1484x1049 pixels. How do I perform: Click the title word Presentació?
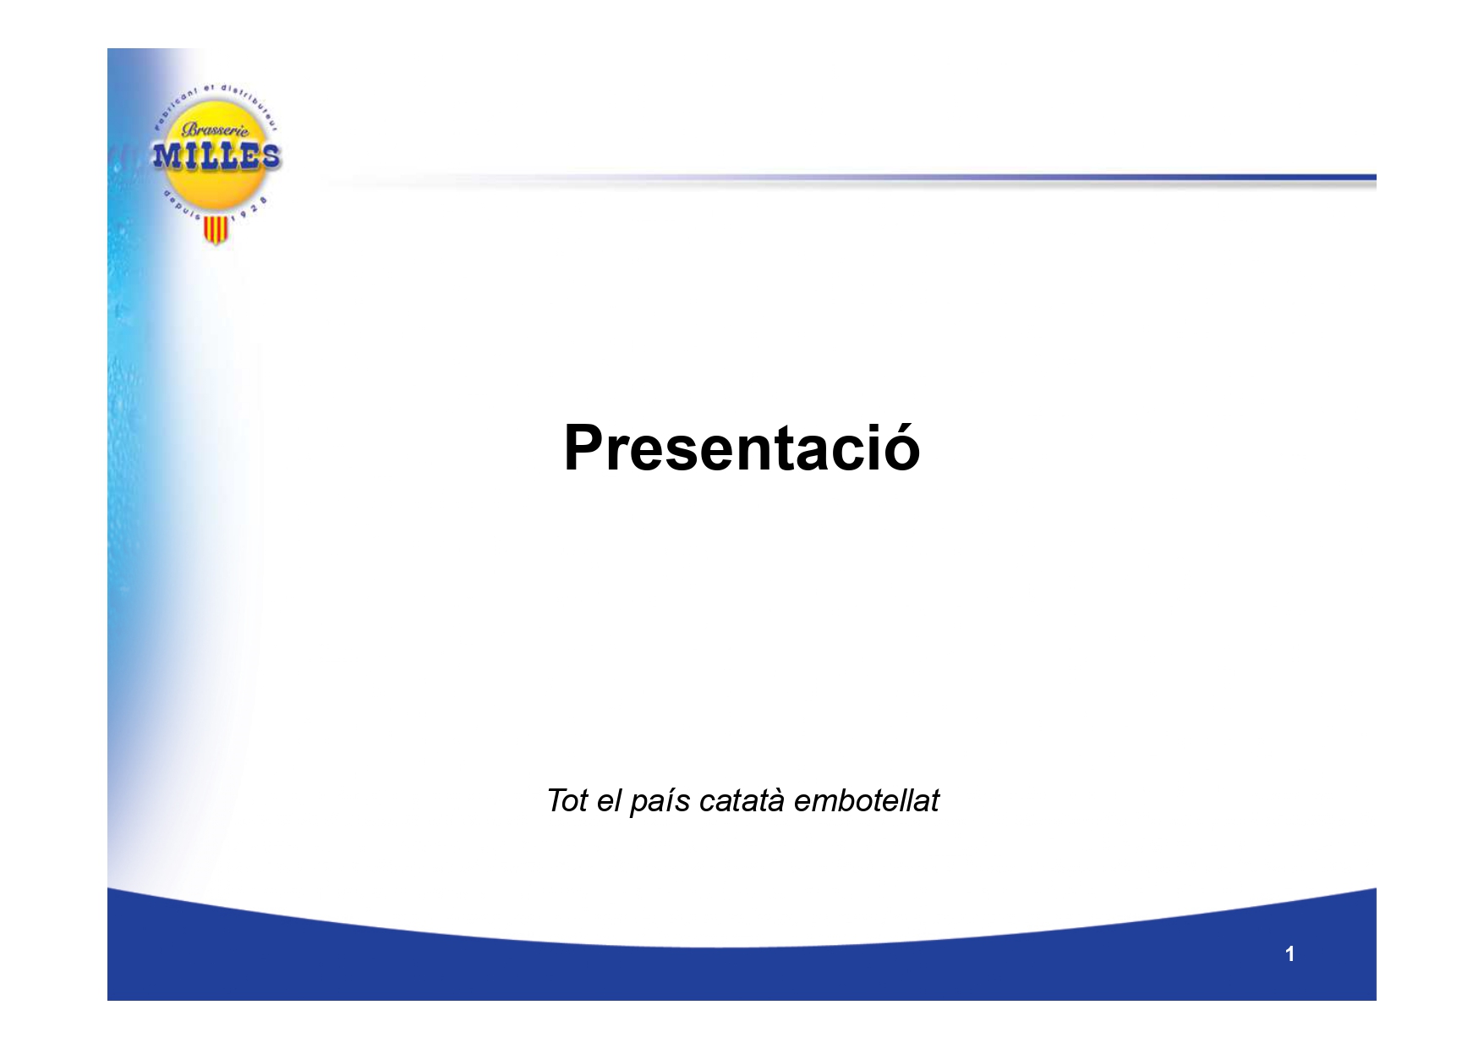point(742,448)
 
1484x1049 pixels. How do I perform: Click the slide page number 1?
point(1290,954)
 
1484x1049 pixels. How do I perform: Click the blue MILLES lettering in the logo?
point(215,157)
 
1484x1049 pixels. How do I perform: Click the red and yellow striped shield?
point(217,230)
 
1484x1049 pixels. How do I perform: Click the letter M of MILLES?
point(166,157)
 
